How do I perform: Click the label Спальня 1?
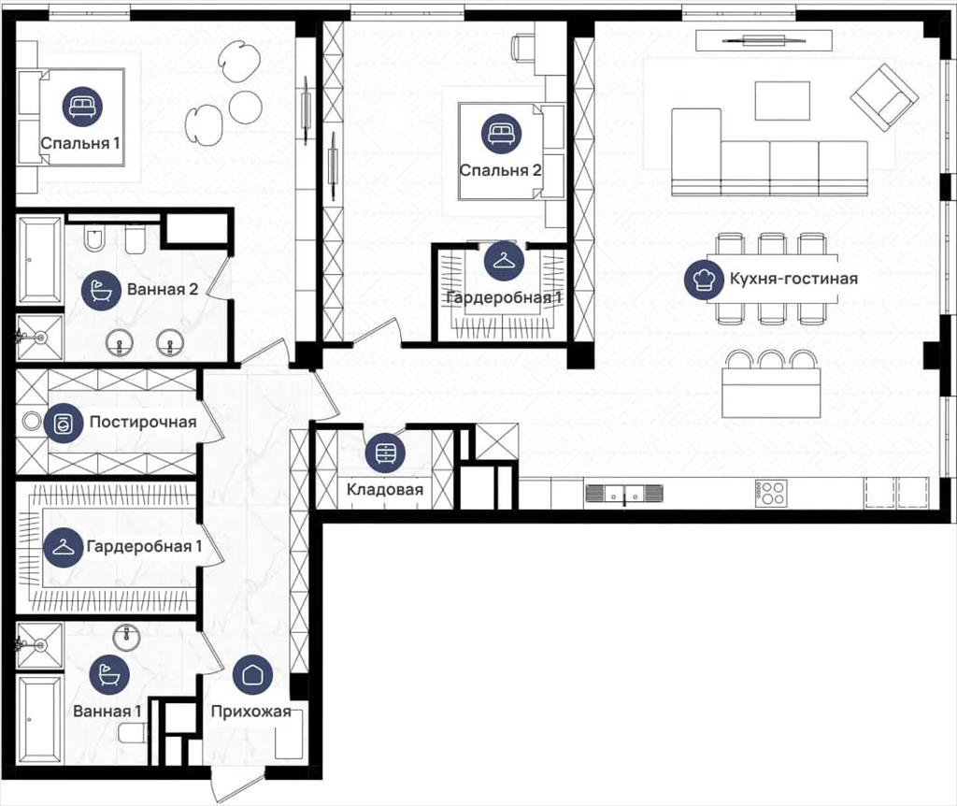click(x=80, y=143)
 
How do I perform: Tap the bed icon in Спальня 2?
click(x=501, y=134)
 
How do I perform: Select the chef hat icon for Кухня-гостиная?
click(x=704, y=280)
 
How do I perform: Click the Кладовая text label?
click(x=384, y=489)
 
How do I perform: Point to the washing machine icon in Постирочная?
click(x=63, y=423)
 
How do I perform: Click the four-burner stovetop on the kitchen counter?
click(x=771, y=492)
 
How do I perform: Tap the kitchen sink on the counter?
click(x=623, y=493)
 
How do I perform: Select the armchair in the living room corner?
click(x=884, y=97)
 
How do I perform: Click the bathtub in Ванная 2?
click(x=40, y=261)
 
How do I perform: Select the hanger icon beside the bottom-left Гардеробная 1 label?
click(x=63, y=547)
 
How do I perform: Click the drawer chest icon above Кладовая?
click(x=385, y=453)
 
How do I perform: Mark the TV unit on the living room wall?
click(x=764, y=41)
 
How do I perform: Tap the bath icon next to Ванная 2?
click(x=101, y=290)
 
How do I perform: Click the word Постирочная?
click(x=143, y=422)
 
